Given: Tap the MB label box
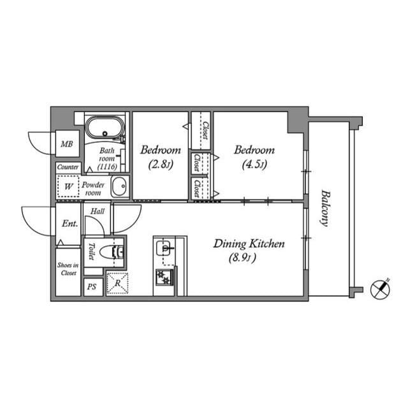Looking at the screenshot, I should pos(67,145).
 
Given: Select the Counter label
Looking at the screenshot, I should pos(68,167).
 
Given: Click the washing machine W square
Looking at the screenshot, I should pos(67,187).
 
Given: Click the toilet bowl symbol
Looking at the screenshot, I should pos(117,251).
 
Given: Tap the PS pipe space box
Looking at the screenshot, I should pos(92,287).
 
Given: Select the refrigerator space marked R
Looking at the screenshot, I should pos(117,283).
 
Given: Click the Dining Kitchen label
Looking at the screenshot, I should pos(248,244).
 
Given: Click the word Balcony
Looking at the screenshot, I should pos(325,209).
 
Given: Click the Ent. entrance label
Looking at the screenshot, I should pos(69,224).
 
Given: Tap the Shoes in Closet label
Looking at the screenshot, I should pos(68,269).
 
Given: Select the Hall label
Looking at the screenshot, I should pos(98,210).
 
